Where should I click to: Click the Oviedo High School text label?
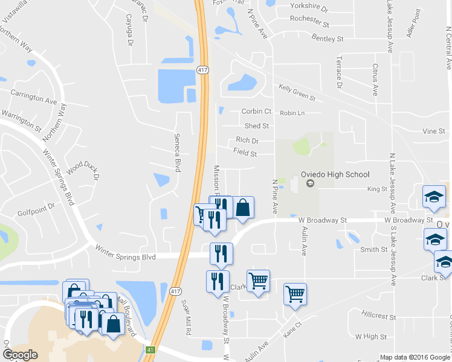pyautogui.click(x=335, y=175)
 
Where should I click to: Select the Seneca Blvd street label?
pyautogui.click(x=178, y=153)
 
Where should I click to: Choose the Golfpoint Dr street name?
pyautogui.click(x=36, y=206)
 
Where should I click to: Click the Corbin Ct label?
pyautogui.click(x=256, y=111)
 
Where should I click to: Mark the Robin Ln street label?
pyautogui.click(x=292, y=113)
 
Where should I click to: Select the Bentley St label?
pyautogui.click(x=328, y=38)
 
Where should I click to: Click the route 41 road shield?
pyautogui.click(x=150, y=350)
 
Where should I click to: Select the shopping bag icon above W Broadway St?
pyautogui.click(x=242, y=208)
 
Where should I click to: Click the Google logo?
pyautogui.click(x=20, y=355)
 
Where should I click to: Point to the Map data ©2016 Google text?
pyautogui.click(x=415, y=357)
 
